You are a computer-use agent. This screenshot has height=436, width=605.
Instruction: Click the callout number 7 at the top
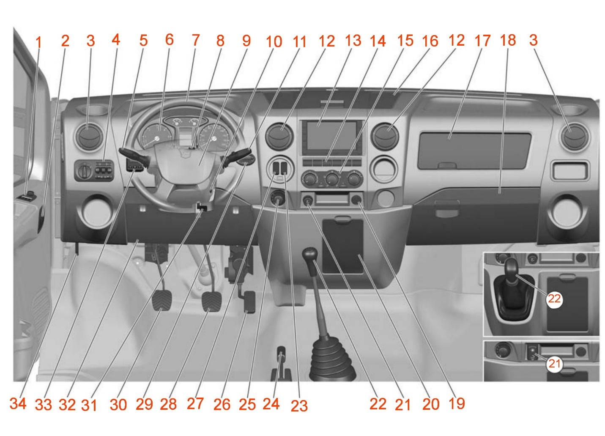196,40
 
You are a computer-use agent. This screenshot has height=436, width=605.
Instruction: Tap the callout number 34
18,403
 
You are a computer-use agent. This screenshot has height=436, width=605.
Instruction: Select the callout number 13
353,41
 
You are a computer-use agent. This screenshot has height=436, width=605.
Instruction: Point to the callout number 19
457,403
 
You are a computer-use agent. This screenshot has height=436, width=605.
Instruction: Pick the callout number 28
168,404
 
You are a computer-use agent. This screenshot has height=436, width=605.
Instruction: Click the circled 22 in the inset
555,299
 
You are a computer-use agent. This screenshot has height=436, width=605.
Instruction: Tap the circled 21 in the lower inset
555,364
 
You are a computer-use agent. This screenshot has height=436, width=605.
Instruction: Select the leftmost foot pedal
162,300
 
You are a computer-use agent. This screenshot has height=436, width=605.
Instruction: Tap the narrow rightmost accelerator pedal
249,302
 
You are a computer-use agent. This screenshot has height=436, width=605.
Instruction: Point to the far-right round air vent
575,137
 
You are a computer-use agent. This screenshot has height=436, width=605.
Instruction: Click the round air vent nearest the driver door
89,137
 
